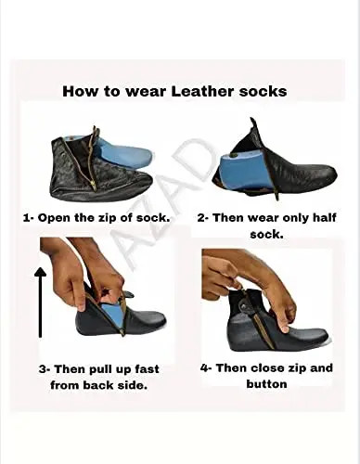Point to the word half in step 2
point(324,217)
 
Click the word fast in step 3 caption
point(147,368)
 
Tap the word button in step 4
point(266,384)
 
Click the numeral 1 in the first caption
point(27,218)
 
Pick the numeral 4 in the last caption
point(204,368)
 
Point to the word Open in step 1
point(54,218)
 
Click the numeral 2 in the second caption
point(201,218)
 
